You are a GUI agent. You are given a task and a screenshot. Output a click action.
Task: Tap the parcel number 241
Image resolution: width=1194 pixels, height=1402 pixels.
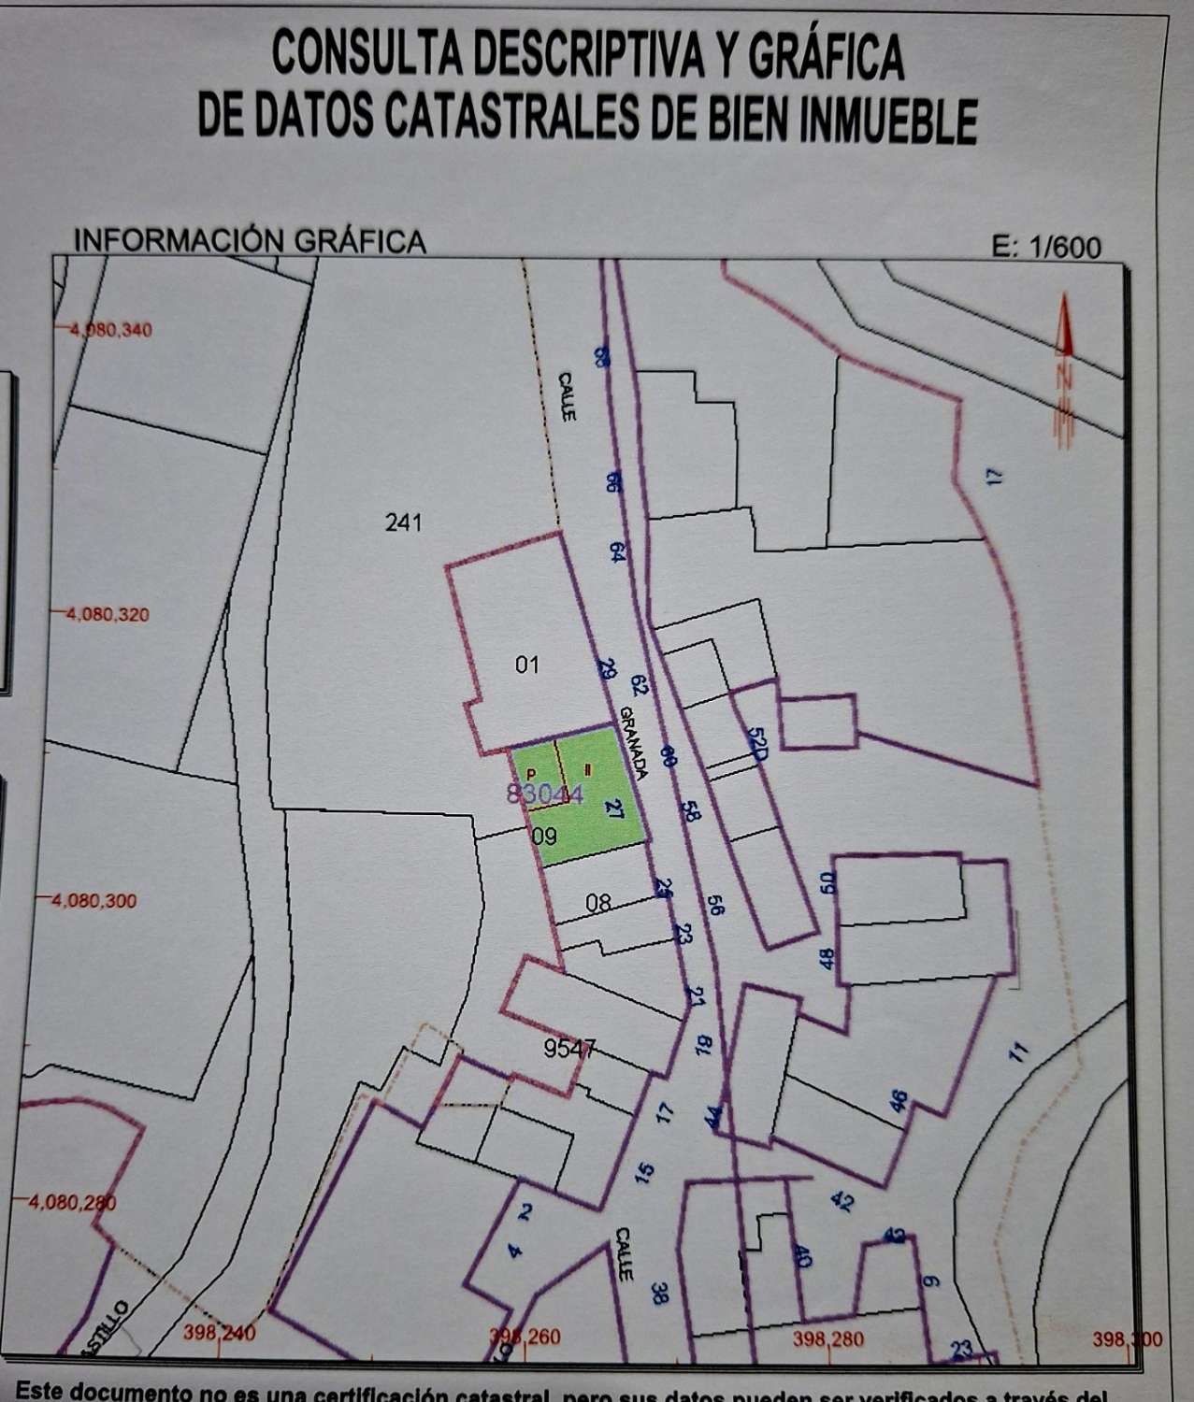pos(404,522)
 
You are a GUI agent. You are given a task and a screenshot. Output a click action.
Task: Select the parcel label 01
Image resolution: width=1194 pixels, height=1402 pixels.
pos(527,665)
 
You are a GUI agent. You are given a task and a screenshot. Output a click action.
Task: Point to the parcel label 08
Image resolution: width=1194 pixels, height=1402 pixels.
pos(598,903)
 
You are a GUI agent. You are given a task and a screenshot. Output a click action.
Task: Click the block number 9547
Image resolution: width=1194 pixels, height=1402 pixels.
pos(569,1049)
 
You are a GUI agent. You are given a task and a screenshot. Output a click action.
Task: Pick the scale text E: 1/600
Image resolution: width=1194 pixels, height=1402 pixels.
pos(1046,248)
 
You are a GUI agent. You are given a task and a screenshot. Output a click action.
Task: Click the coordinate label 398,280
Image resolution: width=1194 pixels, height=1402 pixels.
pos(828,1339)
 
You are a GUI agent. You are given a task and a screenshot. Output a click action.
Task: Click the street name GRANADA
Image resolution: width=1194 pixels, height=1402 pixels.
pos(633,741)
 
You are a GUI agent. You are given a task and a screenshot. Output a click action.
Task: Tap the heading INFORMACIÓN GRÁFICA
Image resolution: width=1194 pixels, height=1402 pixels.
pos(250,241)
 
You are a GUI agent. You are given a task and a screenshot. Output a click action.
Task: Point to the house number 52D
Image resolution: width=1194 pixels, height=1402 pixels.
pos(757,743)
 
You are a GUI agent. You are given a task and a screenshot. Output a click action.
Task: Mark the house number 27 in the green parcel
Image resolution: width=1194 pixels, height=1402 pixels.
pos(614,808)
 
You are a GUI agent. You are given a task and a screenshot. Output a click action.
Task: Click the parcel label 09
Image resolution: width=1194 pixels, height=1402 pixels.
pos(544,837)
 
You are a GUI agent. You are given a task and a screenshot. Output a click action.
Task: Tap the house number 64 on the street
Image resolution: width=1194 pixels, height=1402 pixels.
pos(617,551)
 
